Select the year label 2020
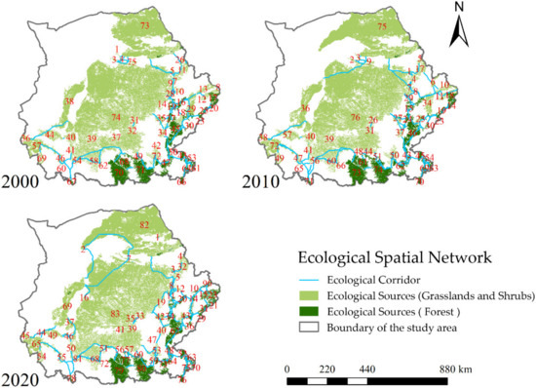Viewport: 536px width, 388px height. click(x=25, y=375)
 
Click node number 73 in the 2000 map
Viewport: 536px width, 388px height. click(x=144, y=24)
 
